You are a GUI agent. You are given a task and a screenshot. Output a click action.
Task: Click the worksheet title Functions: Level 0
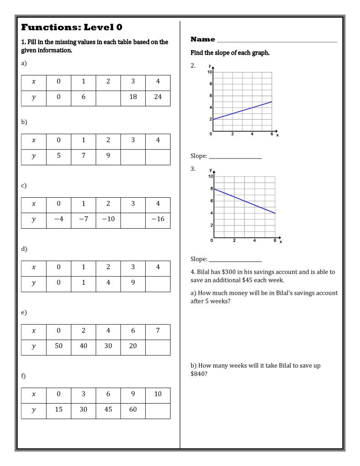coord(71,27)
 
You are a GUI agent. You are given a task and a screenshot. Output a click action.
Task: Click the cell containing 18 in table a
coord(133,97)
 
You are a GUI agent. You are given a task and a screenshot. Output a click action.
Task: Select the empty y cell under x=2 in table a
coord(108,97)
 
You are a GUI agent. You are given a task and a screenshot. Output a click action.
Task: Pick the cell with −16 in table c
coord(158,219)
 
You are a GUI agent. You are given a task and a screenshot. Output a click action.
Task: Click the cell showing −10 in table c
coord(108,219)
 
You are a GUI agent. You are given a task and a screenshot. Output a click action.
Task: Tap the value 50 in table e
coord(59,346)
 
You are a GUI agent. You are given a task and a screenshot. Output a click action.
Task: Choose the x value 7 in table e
coord(158,331)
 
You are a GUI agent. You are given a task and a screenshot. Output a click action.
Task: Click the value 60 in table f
coord(133,410)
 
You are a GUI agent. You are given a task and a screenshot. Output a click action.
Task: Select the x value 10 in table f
coord(158,394)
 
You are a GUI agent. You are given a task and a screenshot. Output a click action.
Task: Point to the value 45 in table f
coord(108,410)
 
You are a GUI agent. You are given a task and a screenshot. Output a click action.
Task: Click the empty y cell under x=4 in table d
coord(158,283)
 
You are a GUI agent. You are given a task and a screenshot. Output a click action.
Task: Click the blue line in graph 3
coord(244,201)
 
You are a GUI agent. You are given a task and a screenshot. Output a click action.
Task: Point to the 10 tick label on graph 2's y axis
coord(209,72)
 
